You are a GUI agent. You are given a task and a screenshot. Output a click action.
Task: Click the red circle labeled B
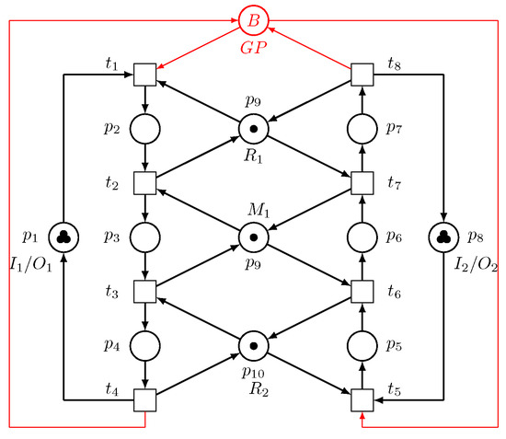[x=253, y=18]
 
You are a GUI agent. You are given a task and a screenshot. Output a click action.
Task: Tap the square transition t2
[x=145, y=182]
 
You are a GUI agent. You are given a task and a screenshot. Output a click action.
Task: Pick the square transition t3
[x=145, y=291]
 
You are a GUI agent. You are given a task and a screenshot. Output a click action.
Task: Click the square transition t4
[x=145, y=399]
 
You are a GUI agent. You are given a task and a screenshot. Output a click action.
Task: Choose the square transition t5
[x=363, y=399]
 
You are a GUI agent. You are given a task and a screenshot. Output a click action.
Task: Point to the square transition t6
[x=363, y=291]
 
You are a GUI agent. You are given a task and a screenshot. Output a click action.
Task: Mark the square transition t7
[x=363, y=182]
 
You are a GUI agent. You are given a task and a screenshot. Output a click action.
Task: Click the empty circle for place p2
[x=145, y=128]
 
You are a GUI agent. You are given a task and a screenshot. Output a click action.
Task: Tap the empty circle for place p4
[x=145, y=345]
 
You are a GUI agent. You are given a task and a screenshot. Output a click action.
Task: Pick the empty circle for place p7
[x=363, y=128]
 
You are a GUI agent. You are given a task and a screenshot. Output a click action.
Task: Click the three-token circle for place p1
[x=63, y=237]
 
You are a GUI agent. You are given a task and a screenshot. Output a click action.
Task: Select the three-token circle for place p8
[x=444, y=237]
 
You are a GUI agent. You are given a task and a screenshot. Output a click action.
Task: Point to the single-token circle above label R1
[x=254, y=128]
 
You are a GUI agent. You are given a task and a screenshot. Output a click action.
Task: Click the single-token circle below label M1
[x=254, y=237]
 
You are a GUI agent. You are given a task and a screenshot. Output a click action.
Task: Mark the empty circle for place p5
[x=363, y=345]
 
